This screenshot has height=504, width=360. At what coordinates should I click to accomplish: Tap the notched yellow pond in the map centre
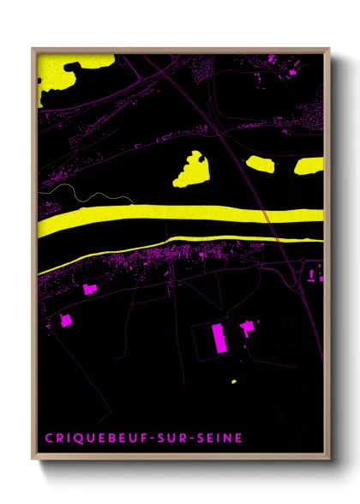tap(193, 168)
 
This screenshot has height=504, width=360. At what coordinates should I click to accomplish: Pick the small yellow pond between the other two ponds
tap(261, 162)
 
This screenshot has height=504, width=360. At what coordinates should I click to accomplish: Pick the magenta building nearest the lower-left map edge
tap(65, 321)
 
